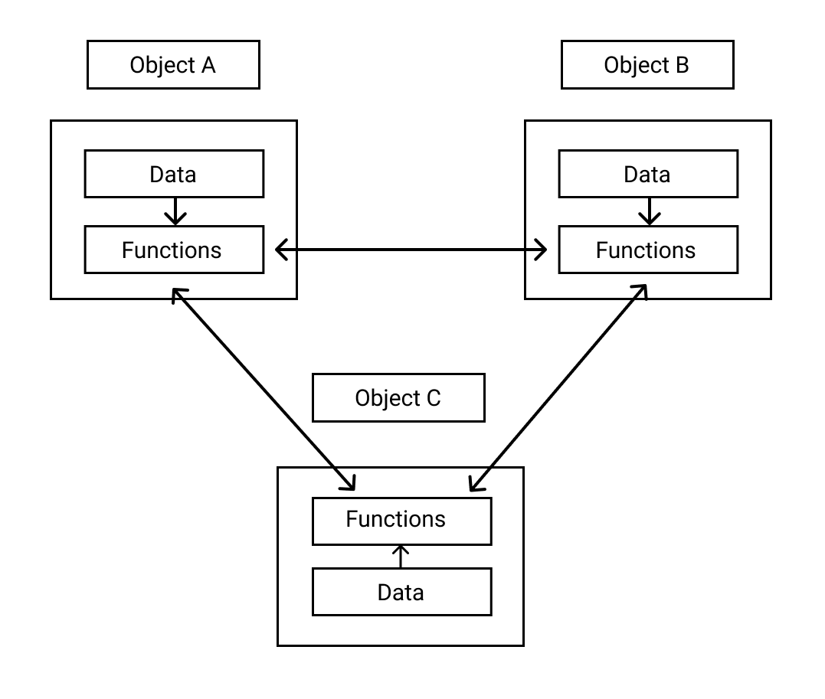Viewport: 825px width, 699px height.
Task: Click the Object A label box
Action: point(173,65)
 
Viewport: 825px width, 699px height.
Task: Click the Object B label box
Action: point(647,65)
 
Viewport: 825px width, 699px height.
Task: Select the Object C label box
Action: point(398,397)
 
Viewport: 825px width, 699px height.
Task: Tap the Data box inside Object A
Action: point(174,174)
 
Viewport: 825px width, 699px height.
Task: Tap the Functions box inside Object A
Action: point(174,250)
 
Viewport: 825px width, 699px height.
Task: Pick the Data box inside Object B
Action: point(648,174)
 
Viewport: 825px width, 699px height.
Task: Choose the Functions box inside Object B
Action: point(648,250)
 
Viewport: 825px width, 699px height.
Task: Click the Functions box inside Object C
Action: point(401,521)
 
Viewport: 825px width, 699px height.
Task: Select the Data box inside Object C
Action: point(401,592)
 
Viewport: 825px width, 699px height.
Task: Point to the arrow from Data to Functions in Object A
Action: point(176,211)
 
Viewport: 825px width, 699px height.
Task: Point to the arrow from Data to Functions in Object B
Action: point(650,211)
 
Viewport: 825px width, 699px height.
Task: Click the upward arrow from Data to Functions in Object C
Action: point(400,557)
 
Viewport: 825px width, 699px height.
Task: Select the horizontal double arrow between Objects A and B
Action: point(411,250)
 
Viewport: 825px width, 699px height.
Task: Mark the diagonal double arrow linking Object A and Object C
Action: point(264,389)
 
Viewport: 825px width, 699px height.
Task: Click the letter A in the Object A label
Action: point(208,65)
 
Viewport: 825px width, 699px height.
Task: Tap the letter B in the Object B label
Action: point(682,65)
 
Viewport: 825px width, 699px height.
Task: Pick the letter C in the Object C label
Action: point(433,398)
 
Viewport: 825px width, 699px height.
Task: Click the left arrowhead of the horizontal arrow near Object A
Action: point(280,250)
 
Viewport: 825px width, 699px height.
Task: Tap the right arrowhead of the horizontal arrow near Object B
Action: point(542,250)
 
